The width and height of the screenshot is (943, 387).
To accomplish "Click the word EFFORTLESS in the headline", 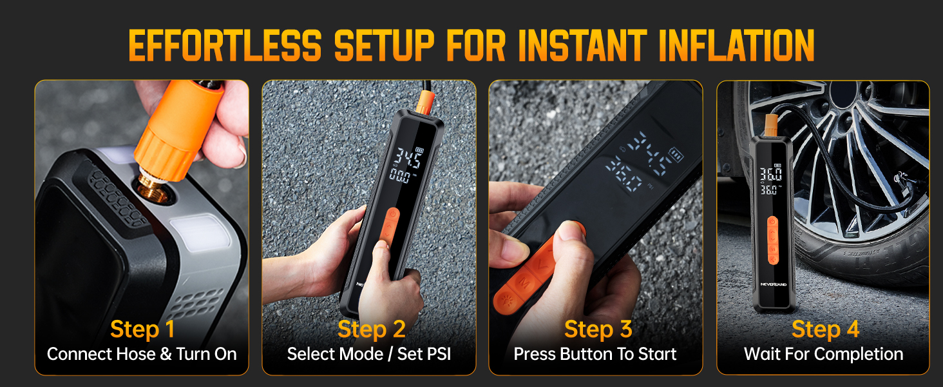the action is [x=225, y=46].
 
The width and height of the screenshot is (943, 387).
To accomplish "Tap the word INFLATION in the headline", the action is [x=737, y=46].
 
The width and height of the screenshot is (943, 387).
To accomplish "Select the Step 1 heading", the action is [x=142, y=329].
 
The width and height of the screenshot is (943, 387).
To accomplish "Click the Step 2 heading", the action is [x=371, y=329].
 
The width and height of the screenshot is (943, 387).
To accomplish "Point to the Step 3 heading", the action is [x=598, y=329].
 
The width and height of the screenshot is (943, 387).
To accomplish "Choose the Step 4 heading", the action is [x=825, y=329].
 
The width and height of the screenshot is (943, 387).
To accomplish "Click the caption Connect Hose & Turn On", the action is [x=142, y=354].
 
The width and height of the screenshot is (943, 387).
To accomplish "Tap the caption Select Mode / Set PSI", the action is [x=369, y=354].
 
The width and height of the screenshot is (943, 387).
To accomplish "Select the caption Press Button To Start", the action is [x=595, y=354].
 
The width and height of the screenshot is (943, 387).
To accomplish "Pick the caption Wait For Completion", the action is [x=823, y=354].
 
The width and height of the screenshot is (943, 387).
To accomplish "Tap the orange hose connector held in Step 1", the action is [x=179, y=128].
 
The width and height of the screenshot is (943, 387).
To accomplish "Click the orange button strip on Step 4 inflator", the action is [x=772, y=241].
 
